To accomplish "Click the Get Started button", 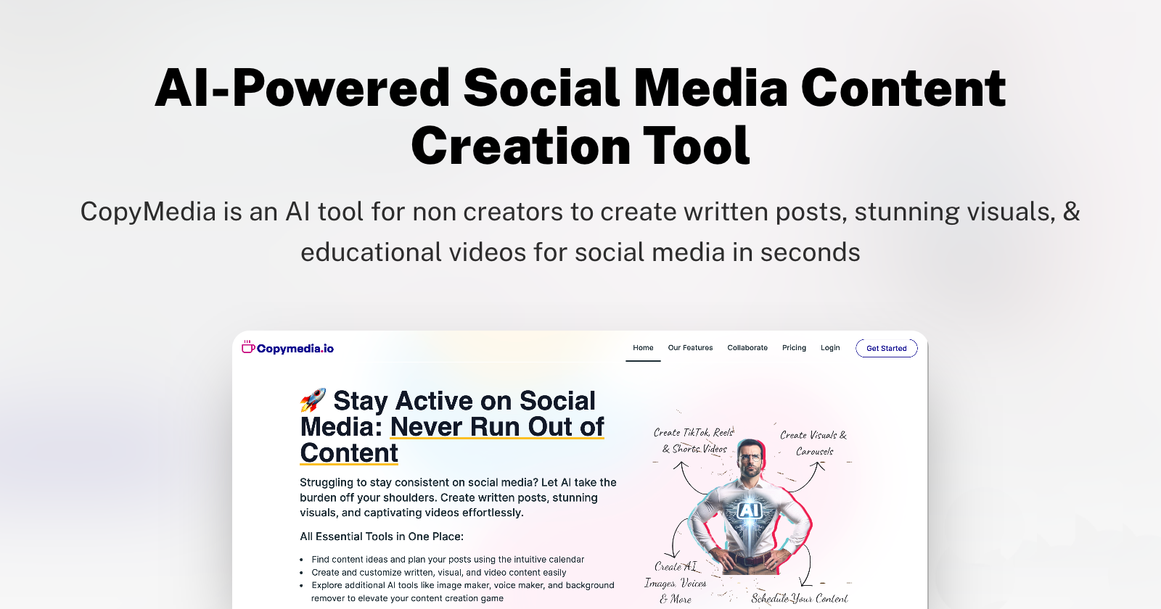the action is [886, 348].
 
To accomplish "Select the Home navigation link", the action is [643, 347].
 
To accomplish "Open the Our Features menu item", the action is [690, 347].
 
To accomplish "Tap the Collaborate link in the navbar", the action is [747, 347].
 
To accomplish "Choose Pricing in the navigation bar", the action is [794, 347].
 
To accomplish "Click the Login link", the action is [830, 347].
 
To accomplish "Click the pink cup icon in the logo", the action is [248, 347].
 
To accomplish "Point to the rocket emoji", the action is [313, 400].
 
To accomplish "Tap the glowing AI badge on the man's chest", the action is [750, 510].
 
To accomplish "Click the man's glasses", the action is [750, 457].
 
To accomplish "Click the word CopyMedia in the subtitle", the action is [148, 212].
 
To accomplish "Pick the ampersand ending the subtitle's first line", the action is [1071, 211].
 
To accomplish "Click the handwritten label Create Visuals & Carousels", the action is [813, 443].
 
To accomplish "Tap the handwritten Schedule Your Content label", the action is [799, 599].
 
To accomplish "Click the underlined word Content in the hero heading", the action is [349, 452].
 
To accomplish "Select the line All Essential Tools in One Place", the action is [382, 536].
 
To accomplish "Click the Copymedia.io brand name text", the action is [295, 349].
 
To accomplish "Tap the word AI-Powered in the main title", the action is [302, 88].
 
